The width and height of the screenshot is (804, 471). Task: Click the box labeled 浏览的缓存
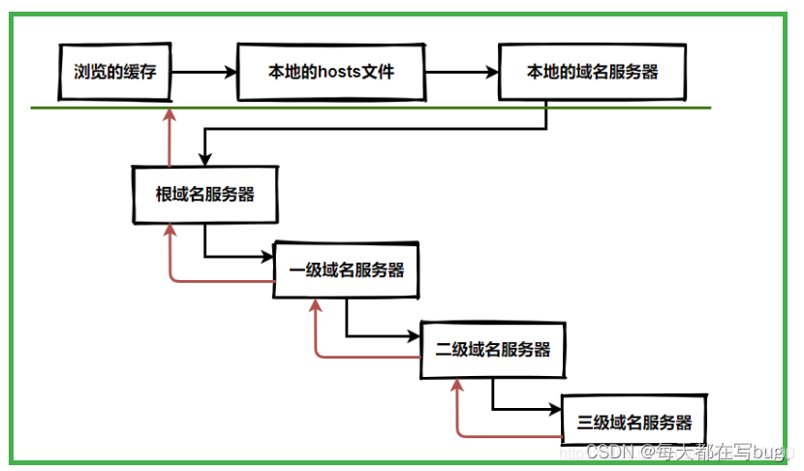tap(115, 71)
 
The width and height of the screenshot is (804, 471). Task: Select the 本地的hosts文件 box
tap(330, 71)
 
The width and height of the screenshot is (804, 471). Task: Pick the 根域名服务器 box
tap(204, 194)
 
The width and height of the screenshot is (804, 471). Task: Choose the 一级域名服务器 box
tap(347, 270)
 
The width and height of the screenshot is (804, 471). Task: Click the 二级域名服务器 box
tap(492, 349)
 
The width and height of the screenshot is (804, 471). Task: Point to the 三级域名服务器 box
tap(634, 423)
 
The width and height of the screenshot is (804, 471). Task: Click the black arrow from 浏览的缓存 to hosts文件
tap(204, 72)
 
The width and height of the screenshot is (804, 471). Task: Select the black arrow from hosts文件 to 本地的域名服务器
tap(461, 72)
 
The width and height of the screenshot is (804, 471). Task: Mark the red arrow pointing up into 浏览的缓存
tap(170, 136)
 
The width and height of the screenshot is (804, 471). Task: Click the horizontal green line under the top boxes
tap(436, 108)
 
